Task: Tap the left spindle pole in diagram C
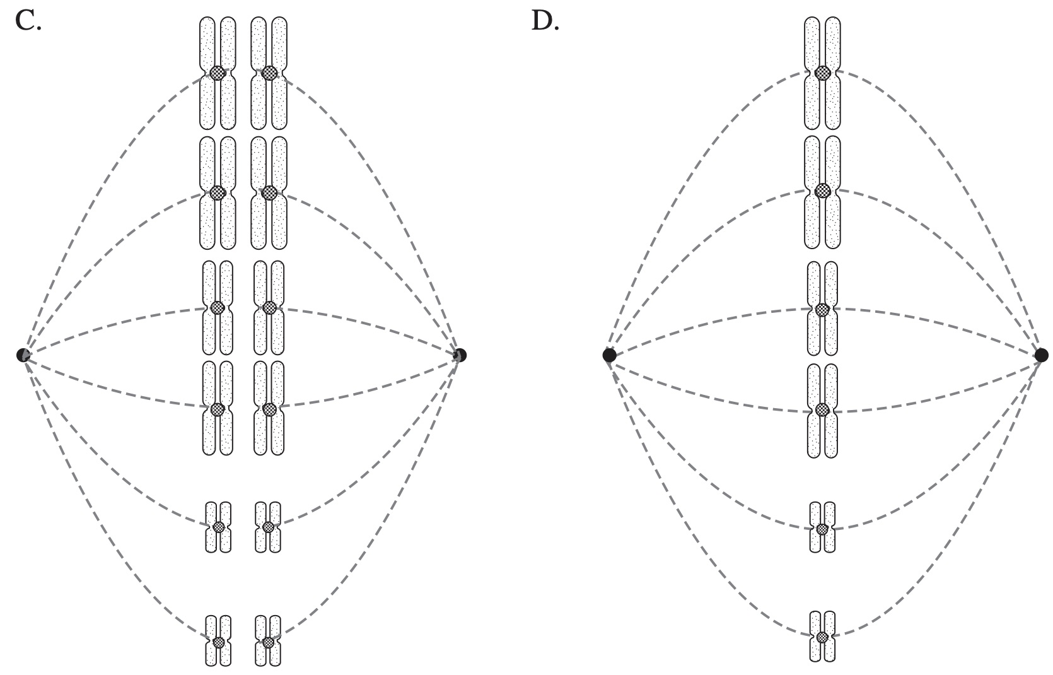coord(23,355)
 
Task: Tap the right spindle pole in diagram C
coord(460,355)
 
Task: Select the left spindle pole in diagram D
coord(609,355)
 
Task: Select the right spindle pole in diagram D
coord(1042,355)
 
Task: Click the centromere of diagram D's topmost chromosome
coord(822,73)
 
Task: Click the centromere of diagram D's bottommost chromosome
coord(822,637)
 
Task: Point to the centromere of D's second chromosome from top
coord(822,190)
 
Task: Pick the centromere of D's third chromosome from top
coord(822,309)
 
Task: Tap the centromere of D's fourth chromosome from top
coord(822,409)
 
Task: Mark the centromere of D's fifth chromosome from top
coord(822,529)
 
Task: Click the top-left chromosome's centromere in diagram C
coord(218,73)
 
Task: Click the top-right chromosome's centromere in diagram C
coord(269,73)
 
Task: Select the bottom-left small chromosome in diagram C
coord(218,641)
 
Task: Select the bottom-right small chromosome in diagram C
coord(268,641)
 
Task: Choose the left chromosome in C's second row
coord(218,192)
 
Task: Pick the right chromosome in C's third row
coord(269,308)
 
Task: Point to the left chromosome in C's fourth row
coord(218,408)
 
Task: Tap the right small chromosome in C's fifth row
coord(268,527)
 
